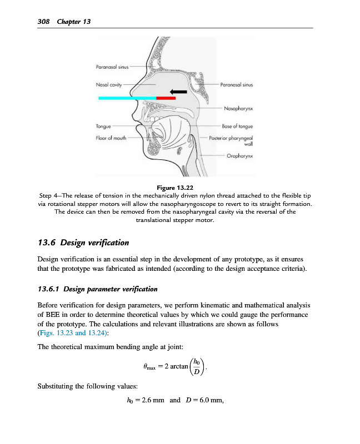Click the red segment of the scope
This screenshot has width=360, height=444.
click(x=166, y=98)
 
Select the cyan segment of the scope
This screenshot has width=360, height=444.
click(x=127, y=98)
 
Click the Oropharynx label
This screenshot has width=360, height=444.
click(x=239, y=157)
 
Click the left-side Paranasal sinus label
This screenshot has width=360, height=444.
click(x=112, y=67)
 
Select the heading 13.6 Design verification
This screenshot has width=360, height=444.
click(x=83, y=243)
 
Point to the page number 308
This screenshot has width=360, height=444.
click(x=43, y=22)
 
